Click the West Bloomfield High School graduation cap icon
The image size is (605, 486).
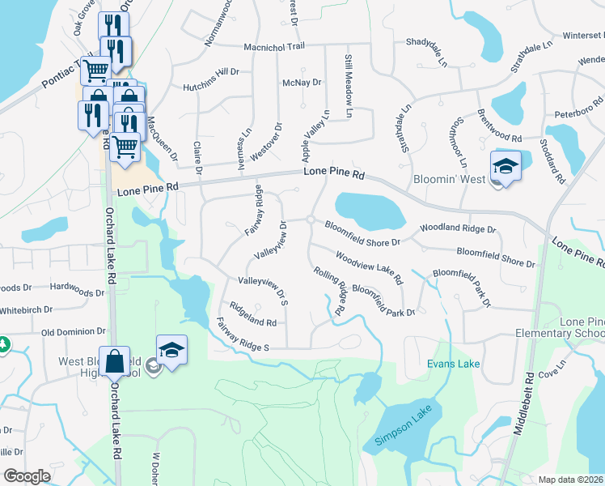(171, 350)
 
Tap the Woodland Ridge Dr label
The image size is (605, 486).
(458, 229)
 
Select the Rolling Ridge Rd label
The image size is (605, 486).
(330, 292)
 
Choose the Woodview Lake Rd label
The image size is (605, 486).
(370, 269)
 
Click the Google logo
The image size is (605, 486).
(27, 476)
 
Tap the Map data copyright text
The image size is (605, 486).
(571, 480)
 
